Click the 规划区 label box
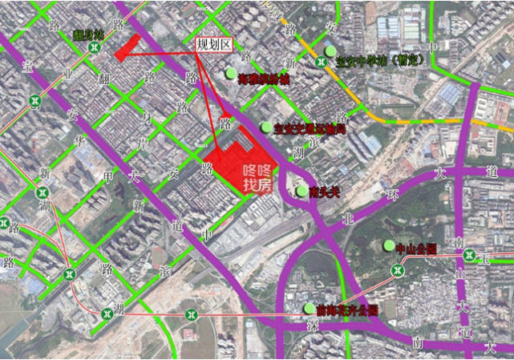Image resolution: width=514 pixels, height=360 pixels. click(213, 44)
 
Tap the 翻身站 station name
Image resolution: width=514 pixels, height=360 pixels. click(88, 34)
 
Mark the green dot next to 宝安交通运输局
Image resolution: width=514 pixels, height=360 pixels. click(266, 127)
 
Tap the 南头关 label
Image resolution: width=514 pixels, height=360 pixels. click(325, 192)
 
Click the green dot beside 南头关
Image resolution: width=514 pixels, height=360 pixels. click(302, 192)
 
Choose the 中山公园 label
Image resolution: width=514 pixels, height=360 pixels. click(416, 249)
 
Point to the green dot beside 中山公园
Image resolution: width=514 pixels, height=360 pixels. click(389, 246)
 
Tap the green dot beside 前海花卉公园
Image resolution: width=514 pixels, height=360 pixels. click(310, 308)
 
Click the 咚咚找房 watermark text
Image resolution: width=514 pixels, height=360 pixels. click(258, 178)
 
